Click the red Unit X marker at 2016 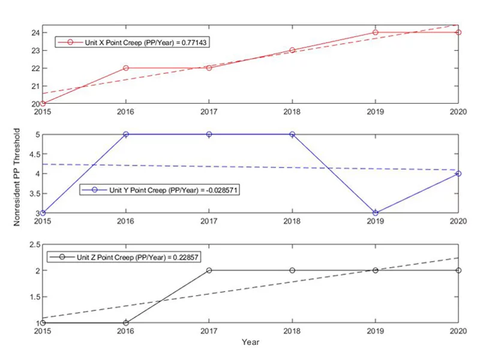tap(126, 68)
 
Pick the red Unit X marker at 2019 tap(376, 32)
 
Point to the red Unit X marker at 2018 tap(292, 50)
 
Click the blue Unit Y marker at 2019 tap(376, 213)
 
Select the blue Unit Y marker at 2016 tap(126, 134)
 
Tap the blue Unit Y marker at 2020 tap(459, 174)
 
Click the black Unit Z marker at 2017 tap(209, 271)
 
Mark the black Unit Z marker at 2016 tap(126, 323)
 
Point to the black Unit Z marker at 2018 tap(292, 271)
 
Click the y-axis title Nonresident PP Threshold tap(18, 176)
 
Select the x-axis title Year tap(250, 342)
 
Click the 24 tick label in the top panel tap(36, 32)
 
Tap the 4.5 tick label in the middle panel tap(34, 154)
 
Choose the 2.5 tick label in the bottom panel tap(34, 245)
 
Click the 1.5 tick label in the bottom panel tap(34, 297)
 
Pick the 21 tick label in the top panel tap(36, 86)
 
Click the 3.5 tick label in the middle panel tap(34, 194)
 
